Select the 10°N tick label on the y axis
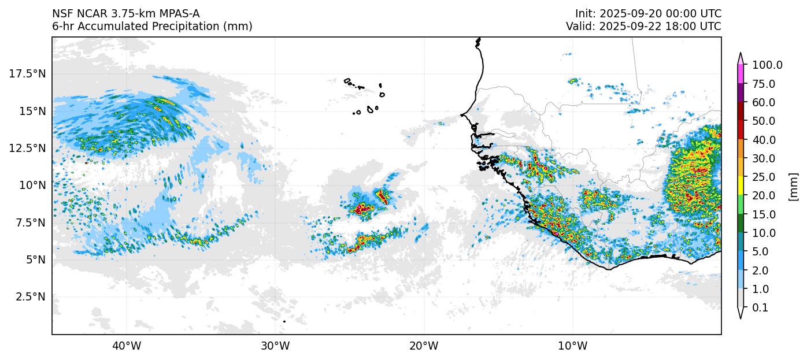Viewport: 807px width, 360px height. click(32, 185)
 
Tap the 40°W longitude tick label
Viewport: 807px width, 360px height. click(127, 346)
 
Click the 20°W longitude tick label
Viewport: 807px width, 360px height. click(424, 346)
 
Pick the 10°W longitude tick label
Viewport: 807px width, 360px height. click(573, 346)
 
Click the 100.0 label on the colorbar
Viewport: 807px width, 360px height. click(767, 65)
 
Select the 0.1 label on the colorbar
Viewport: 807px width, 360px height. click(760, 308)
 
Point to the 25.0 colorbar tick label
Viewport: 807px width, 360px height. click(764, 177)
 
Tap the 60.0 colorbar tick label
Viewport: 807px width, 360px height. click(764, 103)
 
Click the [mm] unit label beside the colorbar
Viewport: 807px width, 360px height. click(793, 187)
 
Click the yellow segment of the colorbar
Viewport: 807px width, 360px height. click(740, 186)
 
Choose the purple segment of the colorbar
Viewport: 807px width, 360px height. click(740, 93)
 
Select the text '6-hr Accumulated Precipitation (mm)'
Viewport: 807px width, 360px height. click(152, 27)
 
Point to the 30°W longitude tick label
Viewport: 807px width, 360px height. click(275, 346)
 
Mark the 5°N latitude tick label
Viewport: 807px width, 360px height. click(35, 260)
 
